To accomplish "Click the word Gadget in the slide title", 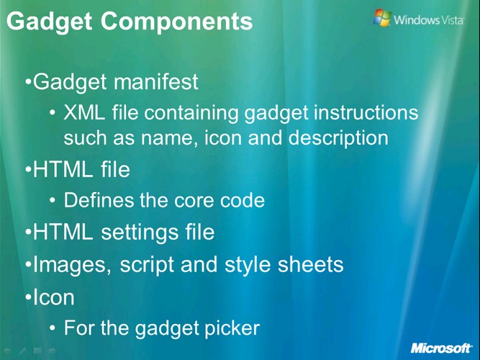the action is pyautogui.click(x=49, y=22).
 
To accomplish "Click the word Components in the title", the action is pyautogui.click(x=176, y=21).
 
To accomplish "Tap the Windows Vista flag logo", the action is pyautogui.click(x=382, y=18).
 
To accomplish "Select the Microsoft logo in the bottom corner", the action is pyautogui.click(x=441, y=348).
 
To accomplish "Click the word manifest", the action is pyautogui.click(x=156, y=81).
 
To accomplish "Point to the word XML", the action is pyautogui.click(x=84, y=112).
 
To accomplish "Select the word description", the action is pyautogui.click(x=338, y=138).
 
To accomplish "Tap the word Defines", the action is pyautogui.click(x=99, y=200).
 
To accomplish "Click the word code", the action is pyautogui.click(x=243, y=200).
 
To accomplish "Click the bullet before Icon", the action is pyautogui.click(x=29, y=297).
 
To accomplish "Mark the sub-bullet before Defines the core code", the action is pyautogui.click(x=53, y=201).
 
